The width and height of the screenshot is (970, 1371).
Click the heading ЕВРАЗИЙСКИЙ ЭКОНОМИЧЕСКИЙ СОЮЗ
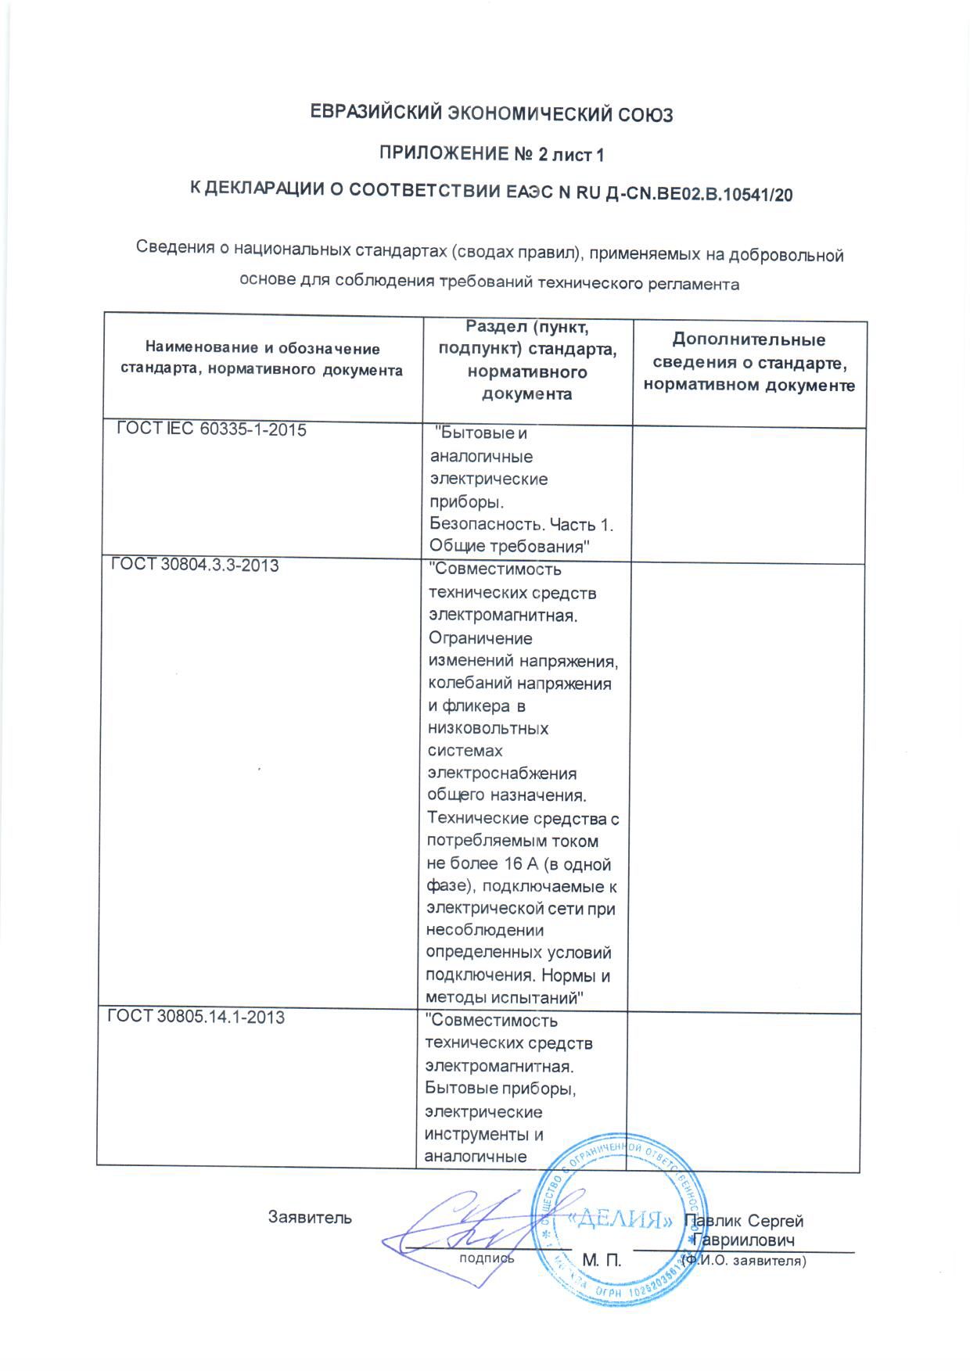click(x=492, y=114)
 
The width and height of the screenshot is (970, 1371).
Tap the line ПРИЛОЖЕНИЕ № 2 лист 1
click(x=491, y=154)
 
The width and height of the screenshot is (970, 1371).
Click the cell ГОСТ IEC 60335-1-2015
click(x=211, y=430)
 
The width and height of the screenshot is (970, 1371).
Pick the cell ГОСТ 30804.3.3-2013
click(x=195, y=565)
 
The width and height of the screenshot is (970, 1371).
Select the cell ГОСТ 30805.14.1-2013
click(x=196, y=1017)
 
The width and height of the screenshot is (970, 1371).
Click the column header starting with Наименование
click(x=262, y=359)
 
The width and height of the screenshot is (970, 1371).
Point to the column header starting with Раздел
click(x=526, y=360)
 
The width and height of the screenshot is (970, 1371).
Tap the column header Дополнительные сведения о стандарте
click(x=749, y=362)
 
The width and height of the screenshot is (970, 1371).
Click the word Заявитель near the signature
click(x=310, y=1218)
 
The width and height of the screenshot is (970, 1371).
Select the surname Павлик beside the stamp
click(x=713, y=1221)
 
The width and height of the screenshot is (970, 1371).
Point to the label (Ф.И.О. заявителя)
click(x=743, y=1261)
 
